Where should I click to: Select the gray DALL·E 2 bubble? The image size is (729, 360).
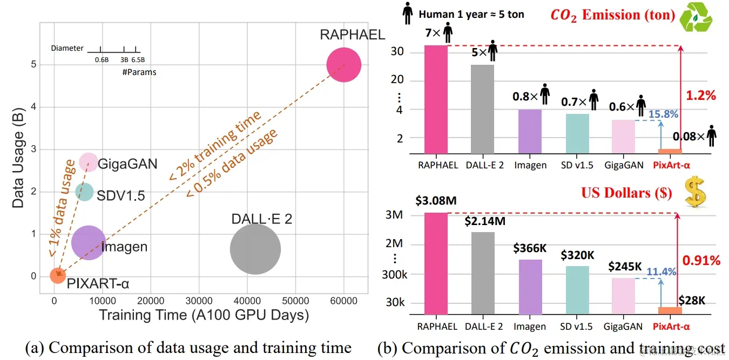point(255,249)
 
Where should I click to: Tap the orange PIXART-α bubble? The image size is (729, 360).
point(58,275)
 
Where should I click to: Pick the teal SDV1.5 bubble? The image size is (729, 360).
point(84,192)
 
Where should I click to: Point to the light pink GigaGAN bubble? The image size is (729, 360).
point(89,162)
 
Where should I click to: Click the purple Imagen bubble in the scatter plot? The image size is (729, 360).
point(88,243)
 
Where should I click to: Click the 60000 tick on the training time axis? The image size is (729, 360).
point(344,301)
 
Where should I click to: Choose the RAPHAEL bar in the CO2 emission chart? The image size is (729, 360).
point(436,100)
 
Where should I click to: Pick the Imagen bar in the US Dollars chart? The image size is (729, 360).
point(530,287)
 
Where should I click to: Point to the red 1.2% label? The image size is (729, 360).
point(700,96)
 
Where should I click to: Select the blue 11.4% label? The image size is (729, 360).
point(662,271)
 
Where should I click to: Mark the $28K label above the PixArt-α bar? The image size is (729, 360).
point(692,300)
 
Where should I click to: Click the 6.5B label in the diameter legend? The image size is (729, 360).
point(138,60)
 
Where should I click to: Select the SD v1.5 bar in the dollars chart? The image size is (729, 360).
point(577,290)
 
